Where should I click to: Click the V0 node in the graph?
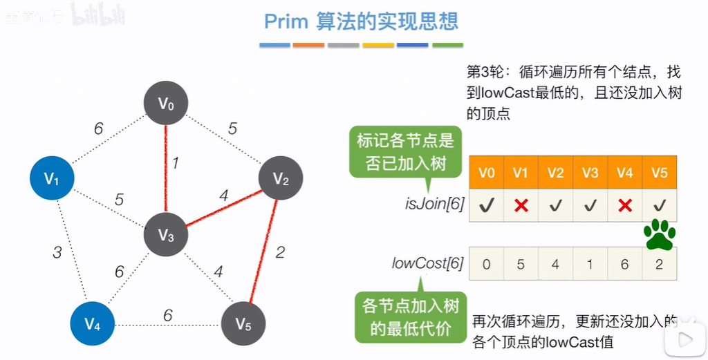(x=166, y=104)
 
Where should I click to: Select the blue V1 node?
(x=52, y=178)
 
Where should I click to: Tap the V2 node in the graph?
(x=281, y=179)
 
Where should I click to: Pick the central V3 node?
(x=166, y=236)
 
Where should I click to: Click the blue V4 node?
(x=93, y=323)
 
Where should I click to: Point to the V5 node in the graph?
(x=243, y=323)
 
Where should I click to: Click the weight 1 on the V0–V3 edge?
(x=176, y=163)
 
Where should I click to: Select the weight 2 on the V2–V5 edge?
(x=279, y=252)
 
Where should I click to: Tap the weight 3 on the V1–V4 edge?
(x=57, y=252)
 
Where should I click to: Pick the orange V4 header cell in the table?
(x=624, y=172)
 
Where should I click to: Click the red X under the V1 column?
(x=521, y=205)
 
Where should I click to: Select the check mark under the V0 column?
(x=486, y=205)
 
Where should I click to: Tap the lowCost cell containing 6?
(x=624, y=263)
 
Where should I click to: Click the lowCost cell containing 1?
(x=590, y=263)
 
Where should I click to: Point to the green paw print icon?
(x=659, y=235)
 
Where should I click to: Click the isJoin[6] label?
(x=434, y=205)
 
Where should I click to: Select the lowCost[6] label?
(x=427, y=263)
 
